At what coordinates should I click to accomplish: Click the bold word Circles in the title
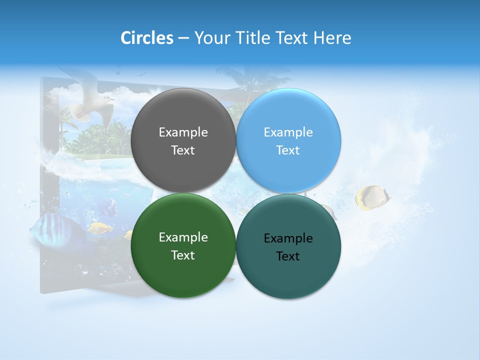click(147, 38)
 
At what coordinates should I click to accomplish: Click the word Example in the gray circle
click(183, 132)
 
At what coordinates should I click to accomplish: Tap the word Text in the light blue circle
click(288, 150)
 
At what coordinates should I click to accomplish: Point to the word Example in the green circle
click(183, 237)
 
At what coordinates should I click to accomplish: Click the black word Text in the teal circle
click(288, 256)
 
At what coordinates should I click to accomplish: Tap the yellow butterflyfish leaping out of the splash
click(372, 197)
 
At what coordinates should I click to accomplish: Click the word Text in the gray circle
click(183, 150)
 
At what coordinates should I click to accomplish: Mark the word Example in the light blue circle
click(288, 132)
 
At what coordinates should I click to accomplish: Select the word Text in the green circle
click(183, 255)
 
